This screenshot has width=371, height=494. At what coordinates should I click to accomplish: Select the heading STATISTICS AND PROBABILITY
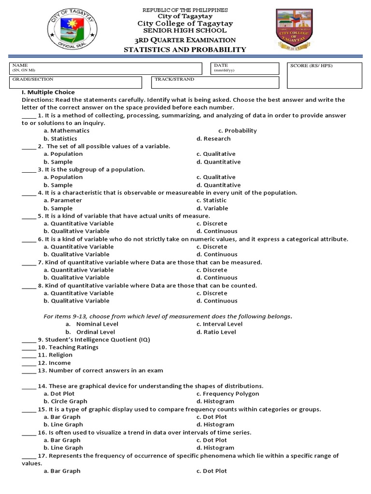[185, 50]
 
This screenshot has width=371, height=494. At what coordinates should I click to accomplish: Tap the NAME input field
[106, 69]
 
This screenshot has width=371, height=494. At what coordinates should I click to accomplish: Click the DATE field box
[244, 69]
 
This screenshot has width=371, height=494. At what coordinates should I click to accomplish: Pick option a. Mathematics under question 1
[66, 131]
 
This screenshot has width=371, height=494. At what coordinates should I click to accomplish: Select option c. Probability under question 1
[237, 131]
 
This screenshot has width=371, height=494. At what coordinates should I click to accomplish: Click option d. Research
[214, 138]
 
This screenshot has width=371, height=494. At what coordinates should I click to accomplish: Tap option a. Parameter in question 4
[63, 200]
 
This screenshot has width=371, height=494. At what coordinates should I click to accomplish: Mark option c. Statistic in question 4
[211, 200]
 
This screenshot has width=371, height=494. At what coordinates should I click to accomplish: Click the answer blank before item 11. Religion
[29, 356]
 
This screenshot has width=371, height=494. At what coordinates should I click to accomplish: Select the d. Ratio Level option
[216, 332]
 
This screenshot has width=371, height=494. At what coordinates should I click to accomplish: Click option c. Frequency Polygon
[228, 394]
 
